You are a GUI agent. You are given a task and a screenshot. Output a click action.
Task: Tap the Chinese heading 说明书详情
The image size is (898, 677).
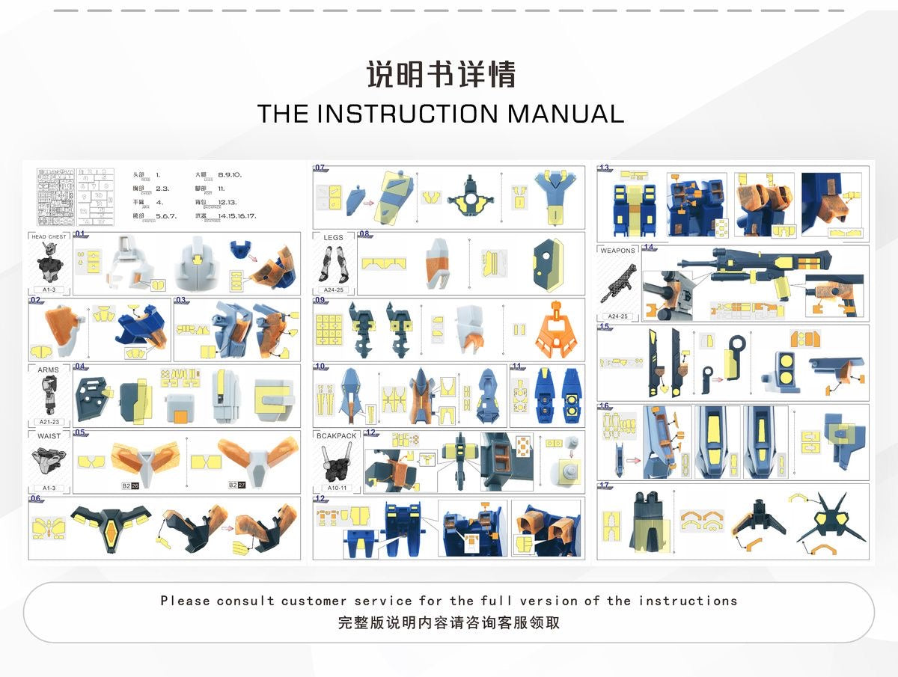click(441, 75)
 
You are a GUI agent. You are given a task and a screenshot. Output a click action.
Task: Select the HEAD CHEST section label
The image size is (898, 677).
click(49, 236)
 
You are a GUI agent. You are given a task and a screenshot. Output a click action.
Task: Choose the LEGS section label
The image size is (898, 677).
click(334, 237)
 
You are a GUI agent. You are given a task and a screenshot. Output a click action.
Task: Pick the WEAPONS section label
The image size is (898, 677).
click(617, 251)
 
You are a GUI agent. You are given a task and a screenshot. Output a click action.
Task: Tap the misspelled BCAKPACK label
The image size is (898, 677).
click(337, 435)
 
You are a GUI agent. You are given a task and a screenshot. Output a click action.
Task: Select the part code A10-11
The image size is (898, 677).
click(337, 488)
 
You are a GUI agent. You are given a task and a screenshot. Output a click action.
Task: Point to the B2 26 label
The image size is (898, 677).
click(130, 485)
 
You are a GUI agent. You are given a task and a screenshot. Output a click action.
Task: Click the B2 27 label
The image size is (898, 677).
click(237, 485)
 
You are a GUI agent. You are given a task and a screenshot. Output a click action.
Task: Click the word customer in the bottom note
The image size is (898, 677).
click(314, 601)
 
